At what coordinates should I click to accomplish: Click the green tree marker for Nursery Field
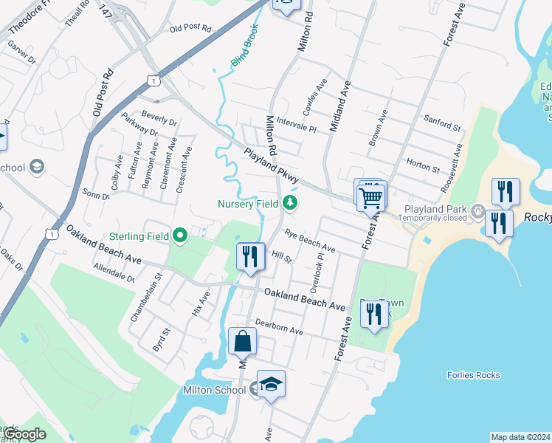(291, 203)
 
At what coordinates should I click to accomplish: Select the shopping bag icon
(242, 342)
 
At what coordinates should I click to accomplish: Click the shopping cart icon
(370, 196)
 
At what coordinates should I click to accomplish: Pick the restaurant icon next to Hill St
(250, 257)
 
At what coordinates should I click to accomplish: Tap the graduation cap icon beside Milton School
(271, 385)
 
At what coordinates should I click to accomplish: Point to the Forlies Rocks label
(473, 375)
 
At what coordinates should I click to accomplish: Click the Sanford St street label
(442, 123)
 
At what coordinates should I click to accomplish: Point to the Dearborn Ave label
(279, 327)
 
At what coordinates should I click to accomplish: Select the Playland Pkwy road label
(272, 167)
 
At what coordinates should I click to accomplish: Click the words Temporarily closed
(435, 219)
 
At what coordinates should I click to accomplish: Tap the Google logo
(25, 435)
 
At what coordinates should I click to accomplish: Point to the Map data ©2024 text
(520, 437)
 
